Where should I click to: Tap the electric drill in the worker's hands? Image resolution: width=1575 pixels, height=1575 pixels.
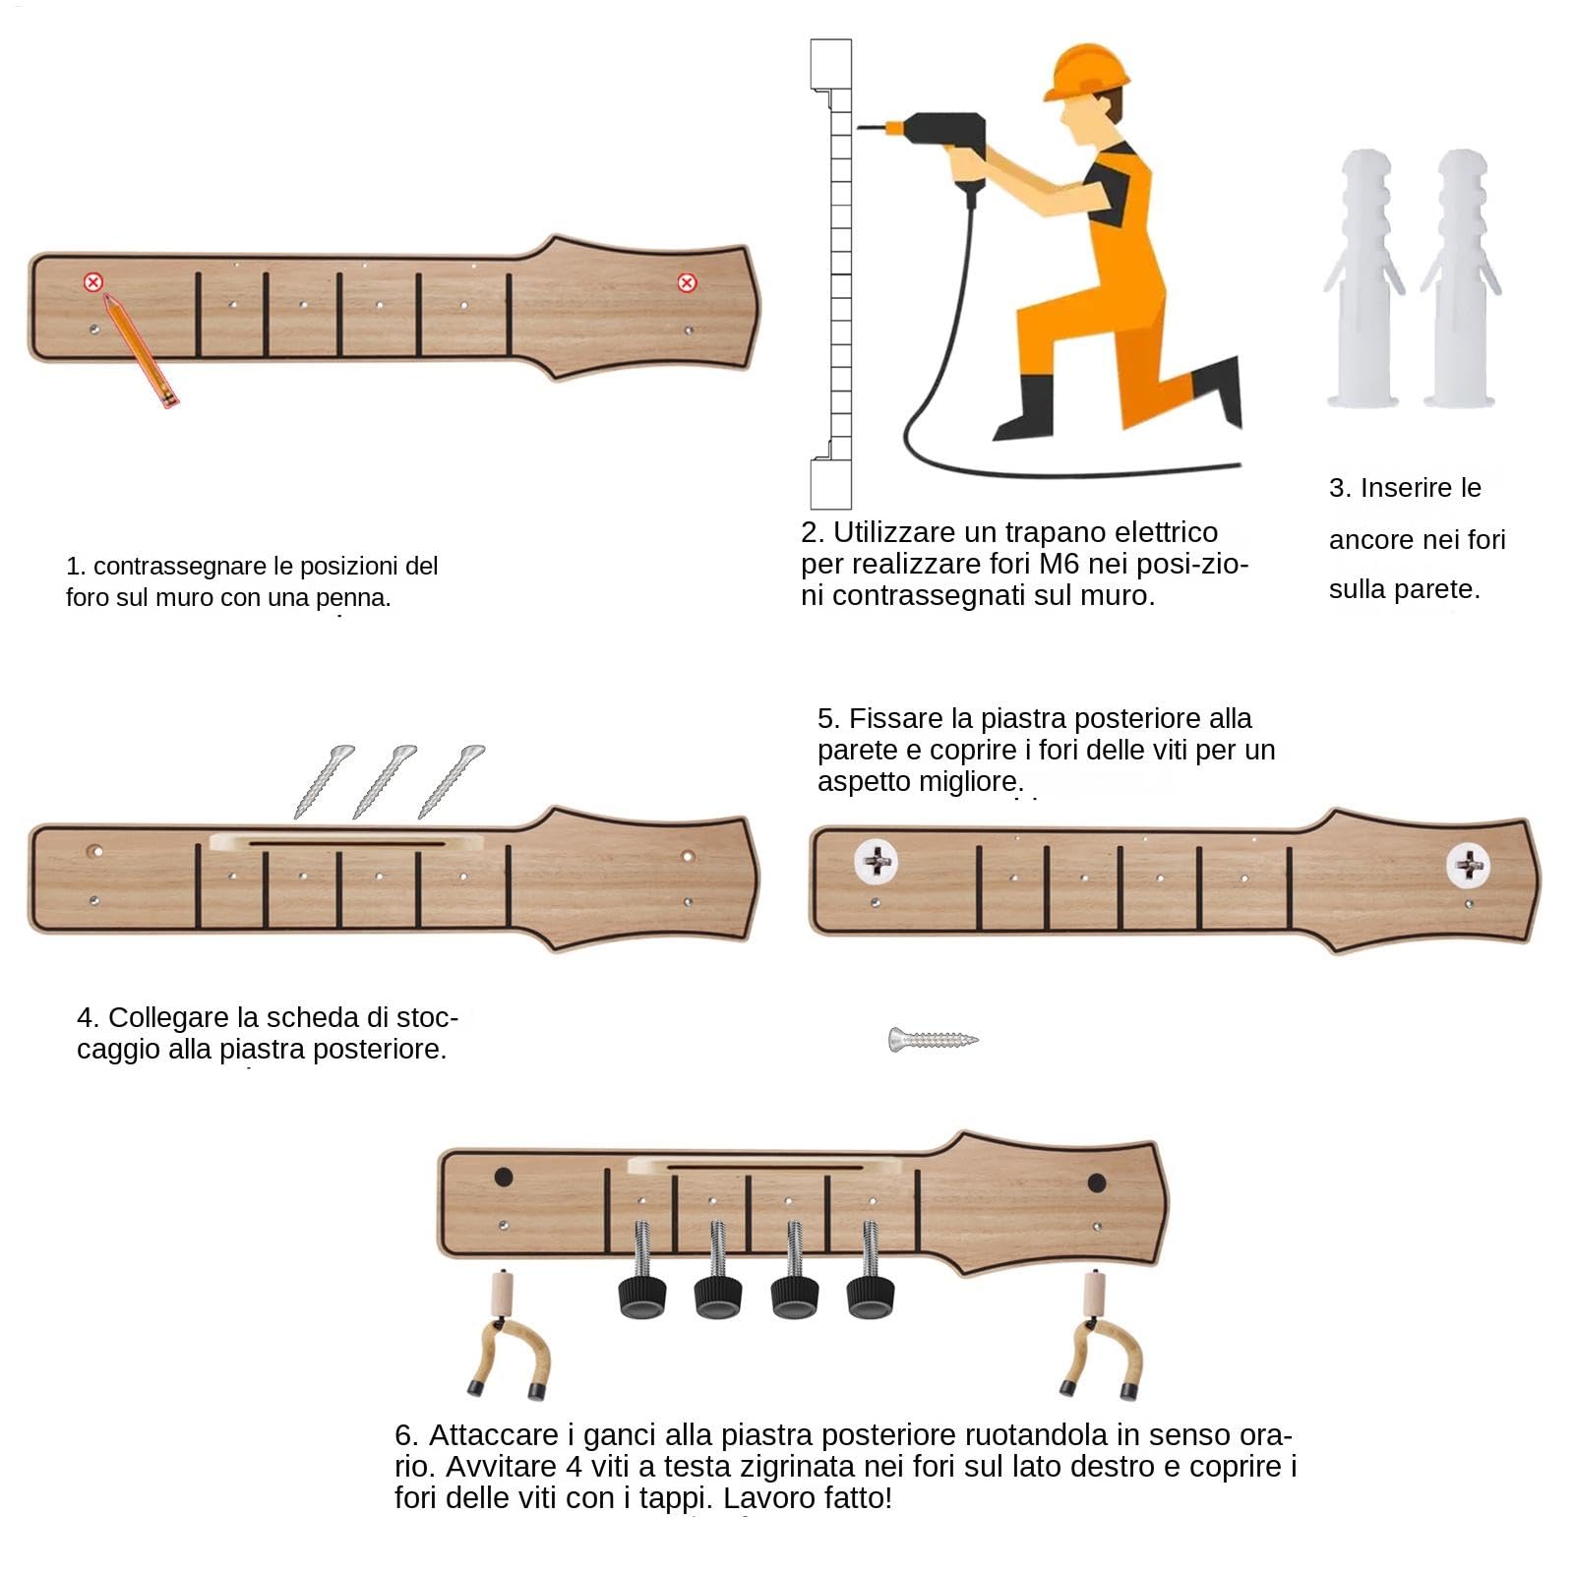935,148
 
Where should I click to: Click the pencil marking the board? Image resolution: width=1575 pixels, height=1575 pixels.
140,349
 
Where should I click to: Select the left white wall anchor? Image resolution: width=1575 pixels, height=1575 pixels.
1364,278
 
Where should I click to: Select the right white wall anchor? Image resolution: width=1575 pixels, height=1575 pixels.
1461,278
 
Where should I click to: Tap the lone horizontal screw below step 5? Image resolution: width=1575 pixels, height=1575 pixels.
934,1039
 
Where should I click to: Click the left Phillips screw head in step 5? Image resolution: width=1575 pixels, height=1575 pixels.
876,862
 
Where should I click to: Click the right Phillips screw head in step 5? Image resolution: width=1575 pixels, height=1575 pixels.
1468,865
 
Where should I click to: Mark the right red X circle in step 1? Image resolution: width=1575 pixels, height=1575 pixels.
687,283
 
